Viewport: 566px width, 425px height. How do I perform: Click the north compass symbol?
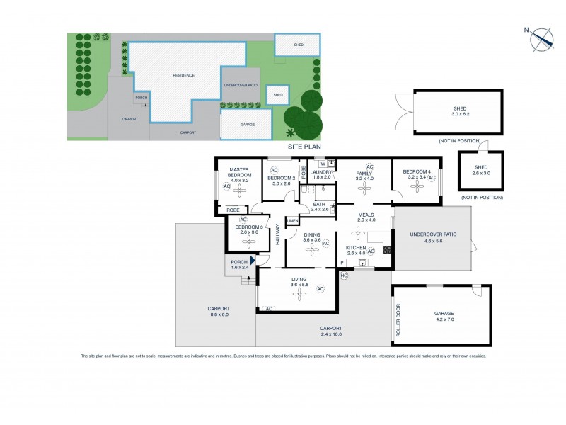(542, 39)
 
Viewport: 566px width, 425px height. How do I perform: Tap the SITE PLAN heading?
(304, 147)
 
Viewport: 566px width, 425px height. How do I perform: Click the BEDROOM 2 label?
(282, 178)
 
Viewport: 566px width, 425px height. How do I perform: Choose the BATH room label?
(320, 204)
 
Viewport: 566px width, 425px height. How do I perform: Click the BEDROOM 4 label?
(417, 172)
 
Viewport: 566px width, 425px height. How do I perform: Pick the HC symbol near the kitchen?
(345, 275)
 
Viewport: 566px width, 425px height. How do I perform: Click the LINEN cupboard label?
(293, 221)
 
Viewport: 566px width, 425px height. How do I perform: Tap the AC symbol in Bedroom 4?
(432, 178)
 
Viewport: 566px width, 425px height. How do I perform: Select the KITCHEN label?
(356, 247)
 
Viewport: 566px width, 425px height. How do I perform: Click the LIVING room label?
(299, 280)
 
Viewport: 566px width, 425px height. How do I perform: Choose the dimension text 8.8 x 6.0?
(218, 314)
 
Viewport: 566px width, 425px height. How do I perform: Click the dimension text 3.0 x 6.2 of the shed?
(461, 113)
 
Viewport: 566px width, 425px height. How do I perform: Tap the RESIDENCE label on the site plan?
(183, 75)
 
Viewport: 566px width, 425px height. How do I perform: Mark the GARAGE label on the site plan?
(248, 125)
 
